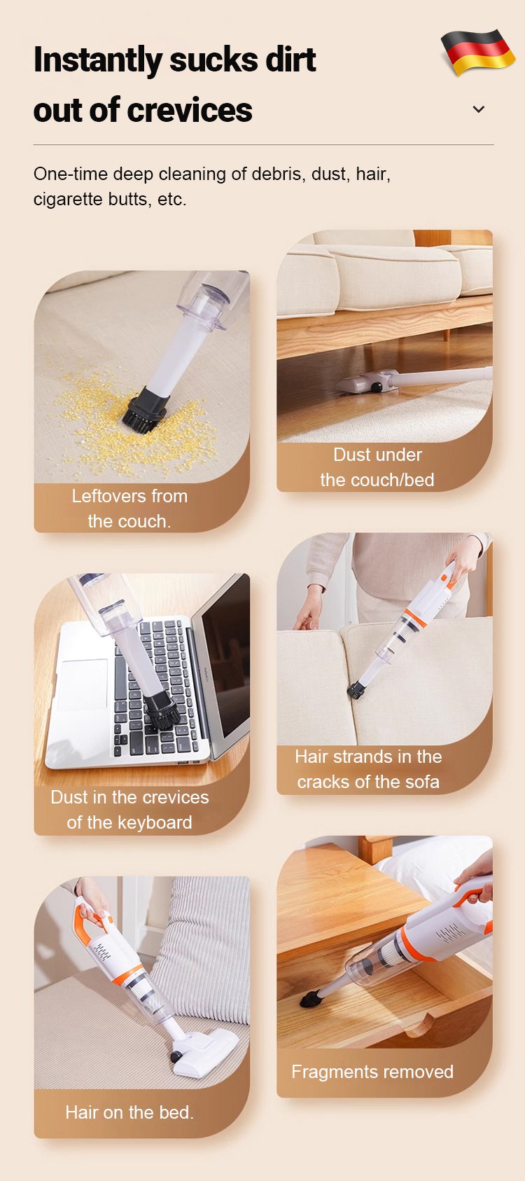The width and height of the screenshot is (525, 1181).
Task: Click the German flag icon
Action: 478,52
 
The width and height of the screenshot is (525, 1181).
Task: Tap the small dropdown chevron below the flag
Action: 479,109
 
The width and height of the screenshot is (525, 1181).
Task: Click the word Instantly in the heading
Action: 97,60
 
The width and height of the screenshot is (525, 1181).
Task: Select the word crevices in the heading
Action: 190,110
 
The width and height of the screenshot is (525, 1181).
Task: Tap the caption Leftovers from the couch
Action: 129,509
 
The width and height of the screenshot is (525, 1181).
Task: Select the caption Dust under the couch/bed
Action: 377,467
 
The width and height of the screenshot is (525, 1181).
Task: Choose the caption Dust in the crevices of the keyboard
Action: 129,810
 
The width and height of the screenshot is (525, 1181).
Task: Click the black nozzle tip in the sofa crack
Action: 356,690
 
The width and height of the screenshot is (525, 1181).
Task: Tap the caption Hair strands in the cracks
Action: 368,768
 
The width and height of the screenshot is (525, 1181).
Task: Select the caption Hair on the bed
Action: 129,1112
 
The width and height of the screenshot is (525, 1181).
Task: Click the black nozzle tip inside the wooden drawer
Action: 311,997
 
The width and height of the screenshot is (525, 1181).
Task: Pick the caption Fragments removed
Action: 372,1071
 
